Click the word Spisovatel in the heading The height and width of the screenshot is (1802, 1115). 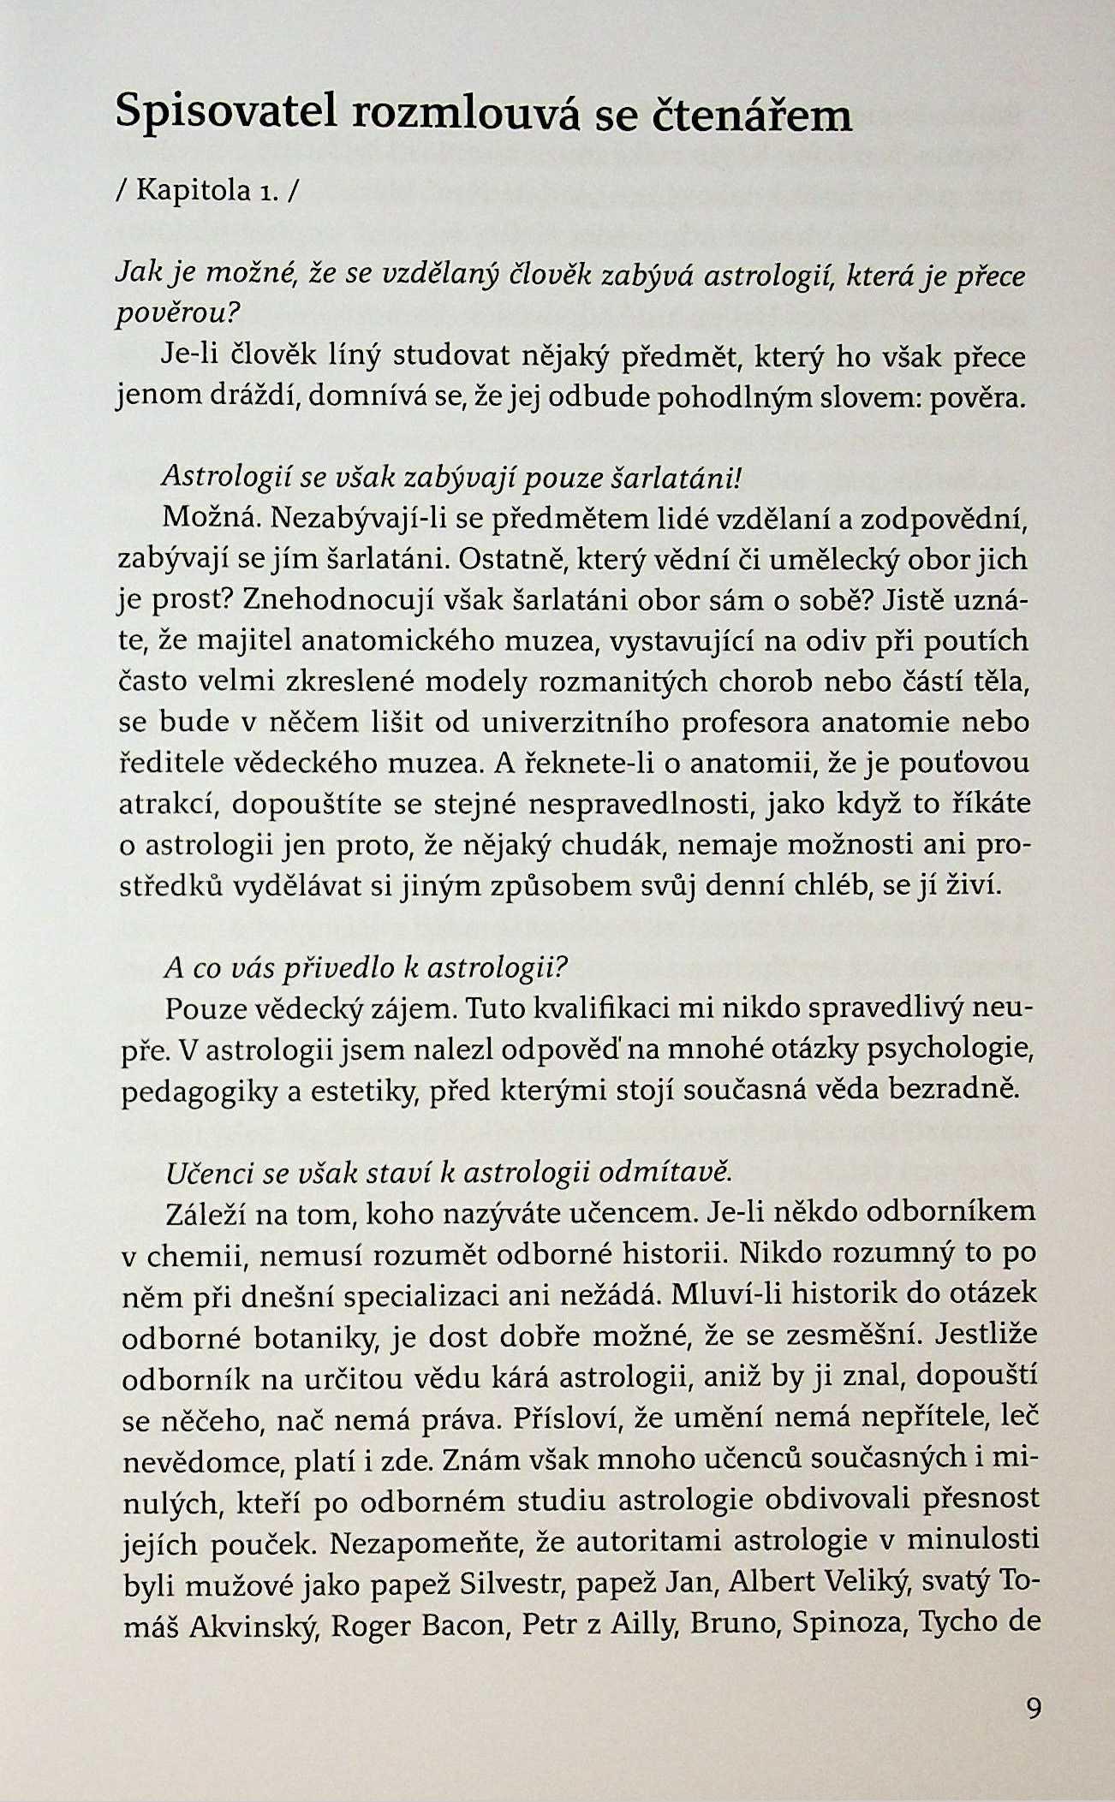click(227, 114)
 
